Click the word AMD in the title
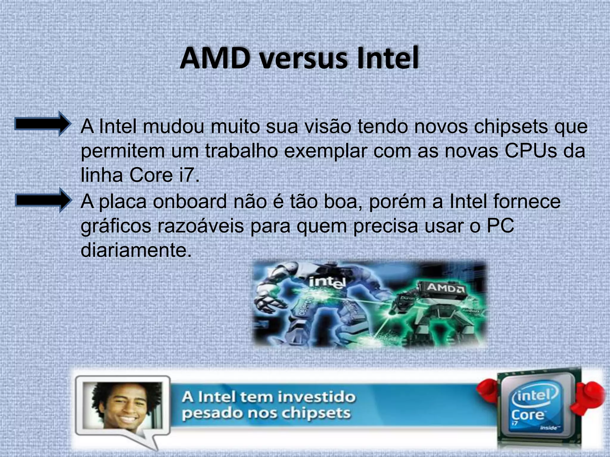(x=215, y=58)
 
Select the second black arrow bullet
(x=43, y=200)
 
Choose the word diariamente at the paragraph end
(x=136, y=251)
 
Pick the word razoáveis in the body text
(x=200, y=226)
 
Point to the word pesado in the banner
(x=205, y=414)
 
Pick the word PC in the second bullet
(x=500, y=226)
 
